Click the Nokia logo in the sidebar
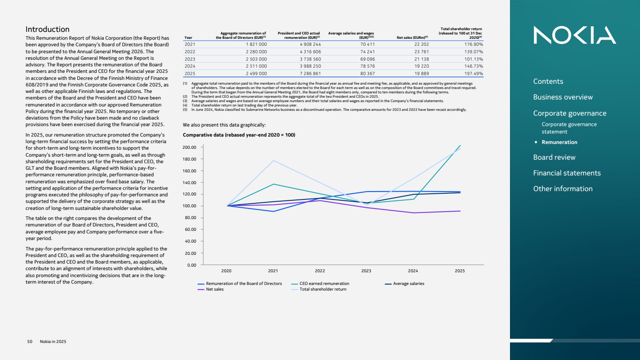[575, 35]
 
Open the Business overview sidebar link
[563, 97]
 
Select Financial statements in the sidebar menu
[567, 173]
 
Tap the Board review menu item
[554, 158]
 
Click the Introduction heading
[47, 29]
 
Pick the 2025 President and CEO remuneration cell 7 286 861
[310, 74]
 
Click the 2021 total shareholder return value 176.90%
[473, 45]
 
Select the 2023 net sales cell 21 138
[421, 59]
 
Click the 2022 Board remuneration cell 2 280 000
[256, 52]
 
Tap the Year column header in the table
[188, 38]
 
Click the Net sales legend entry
[214, 289]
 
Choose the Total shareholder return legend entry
[322, 289]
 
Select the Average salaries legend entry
[408, 284]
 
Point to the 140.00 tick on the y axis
[189, 183]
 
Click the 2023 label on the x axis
[366, 271]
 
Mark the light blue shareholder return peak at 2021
[274, 161]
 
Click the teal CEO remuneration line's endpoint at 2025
[460, 146]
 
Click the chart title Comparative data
[239, 135]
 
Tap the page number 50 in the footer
[30, 342]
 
